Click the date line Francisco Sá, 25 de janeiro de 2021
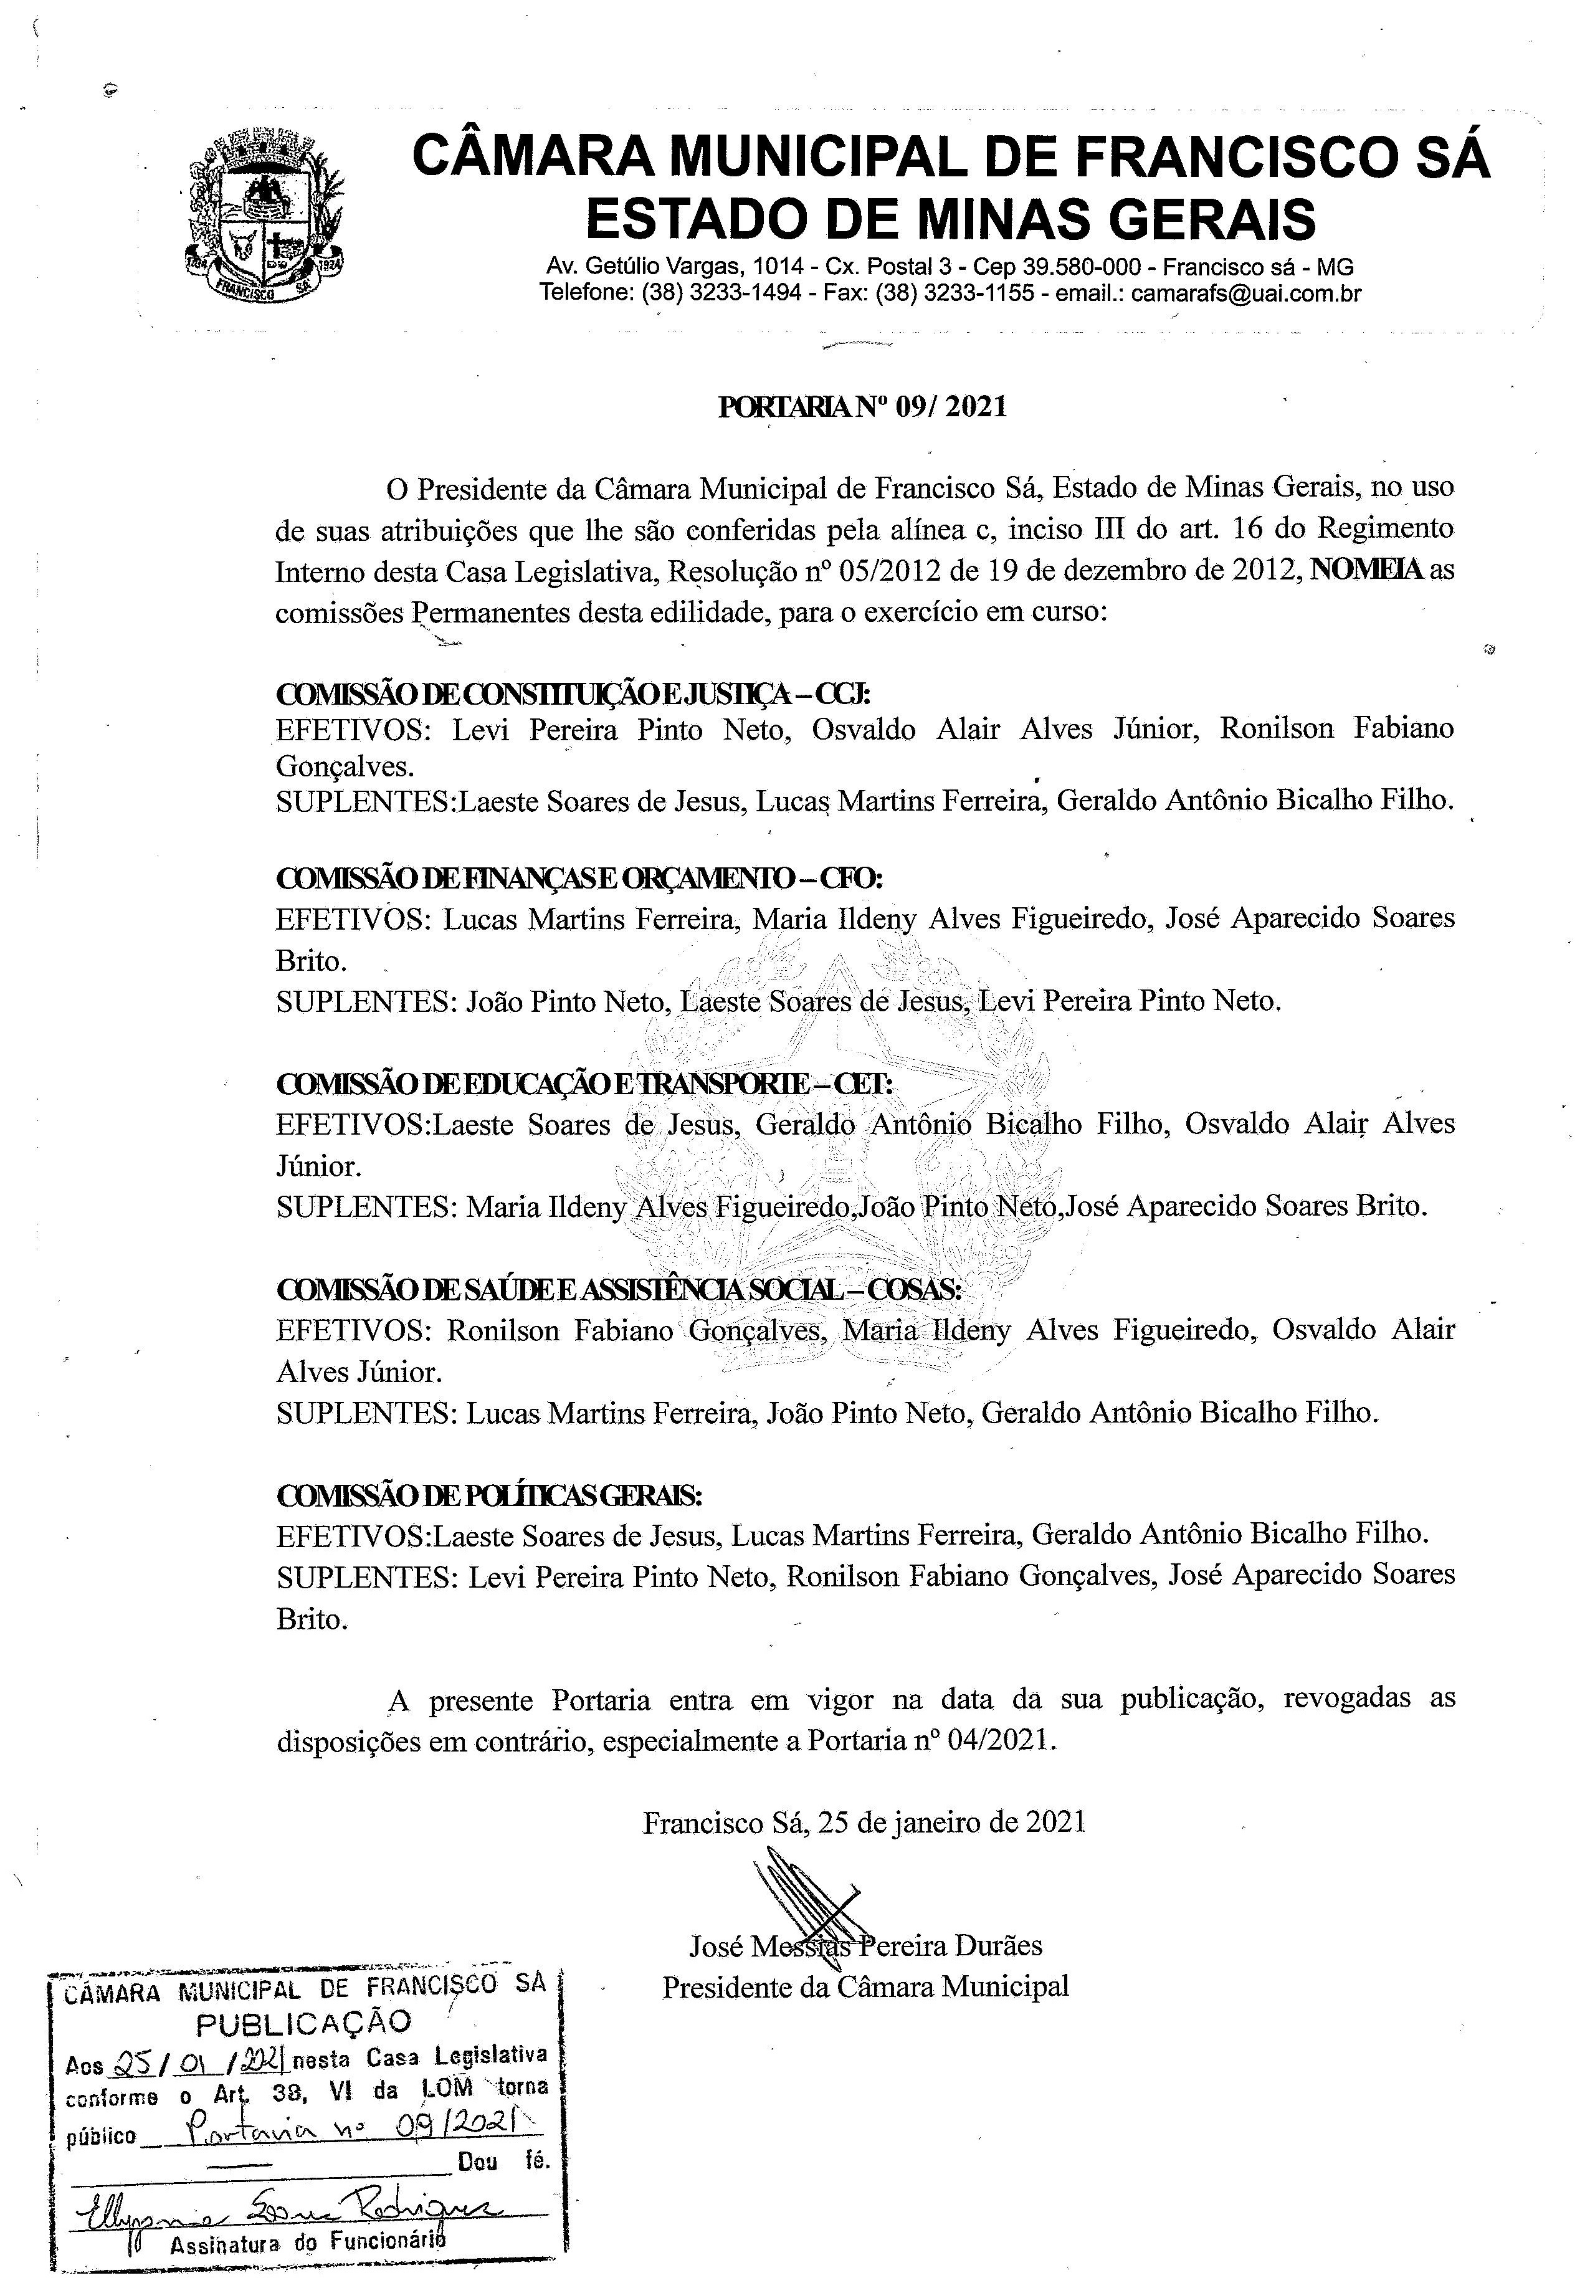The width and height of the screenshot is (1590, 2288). click(864, 1822)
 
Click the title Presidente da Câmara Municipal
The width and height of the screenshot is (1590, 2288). click(865, 1987)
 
